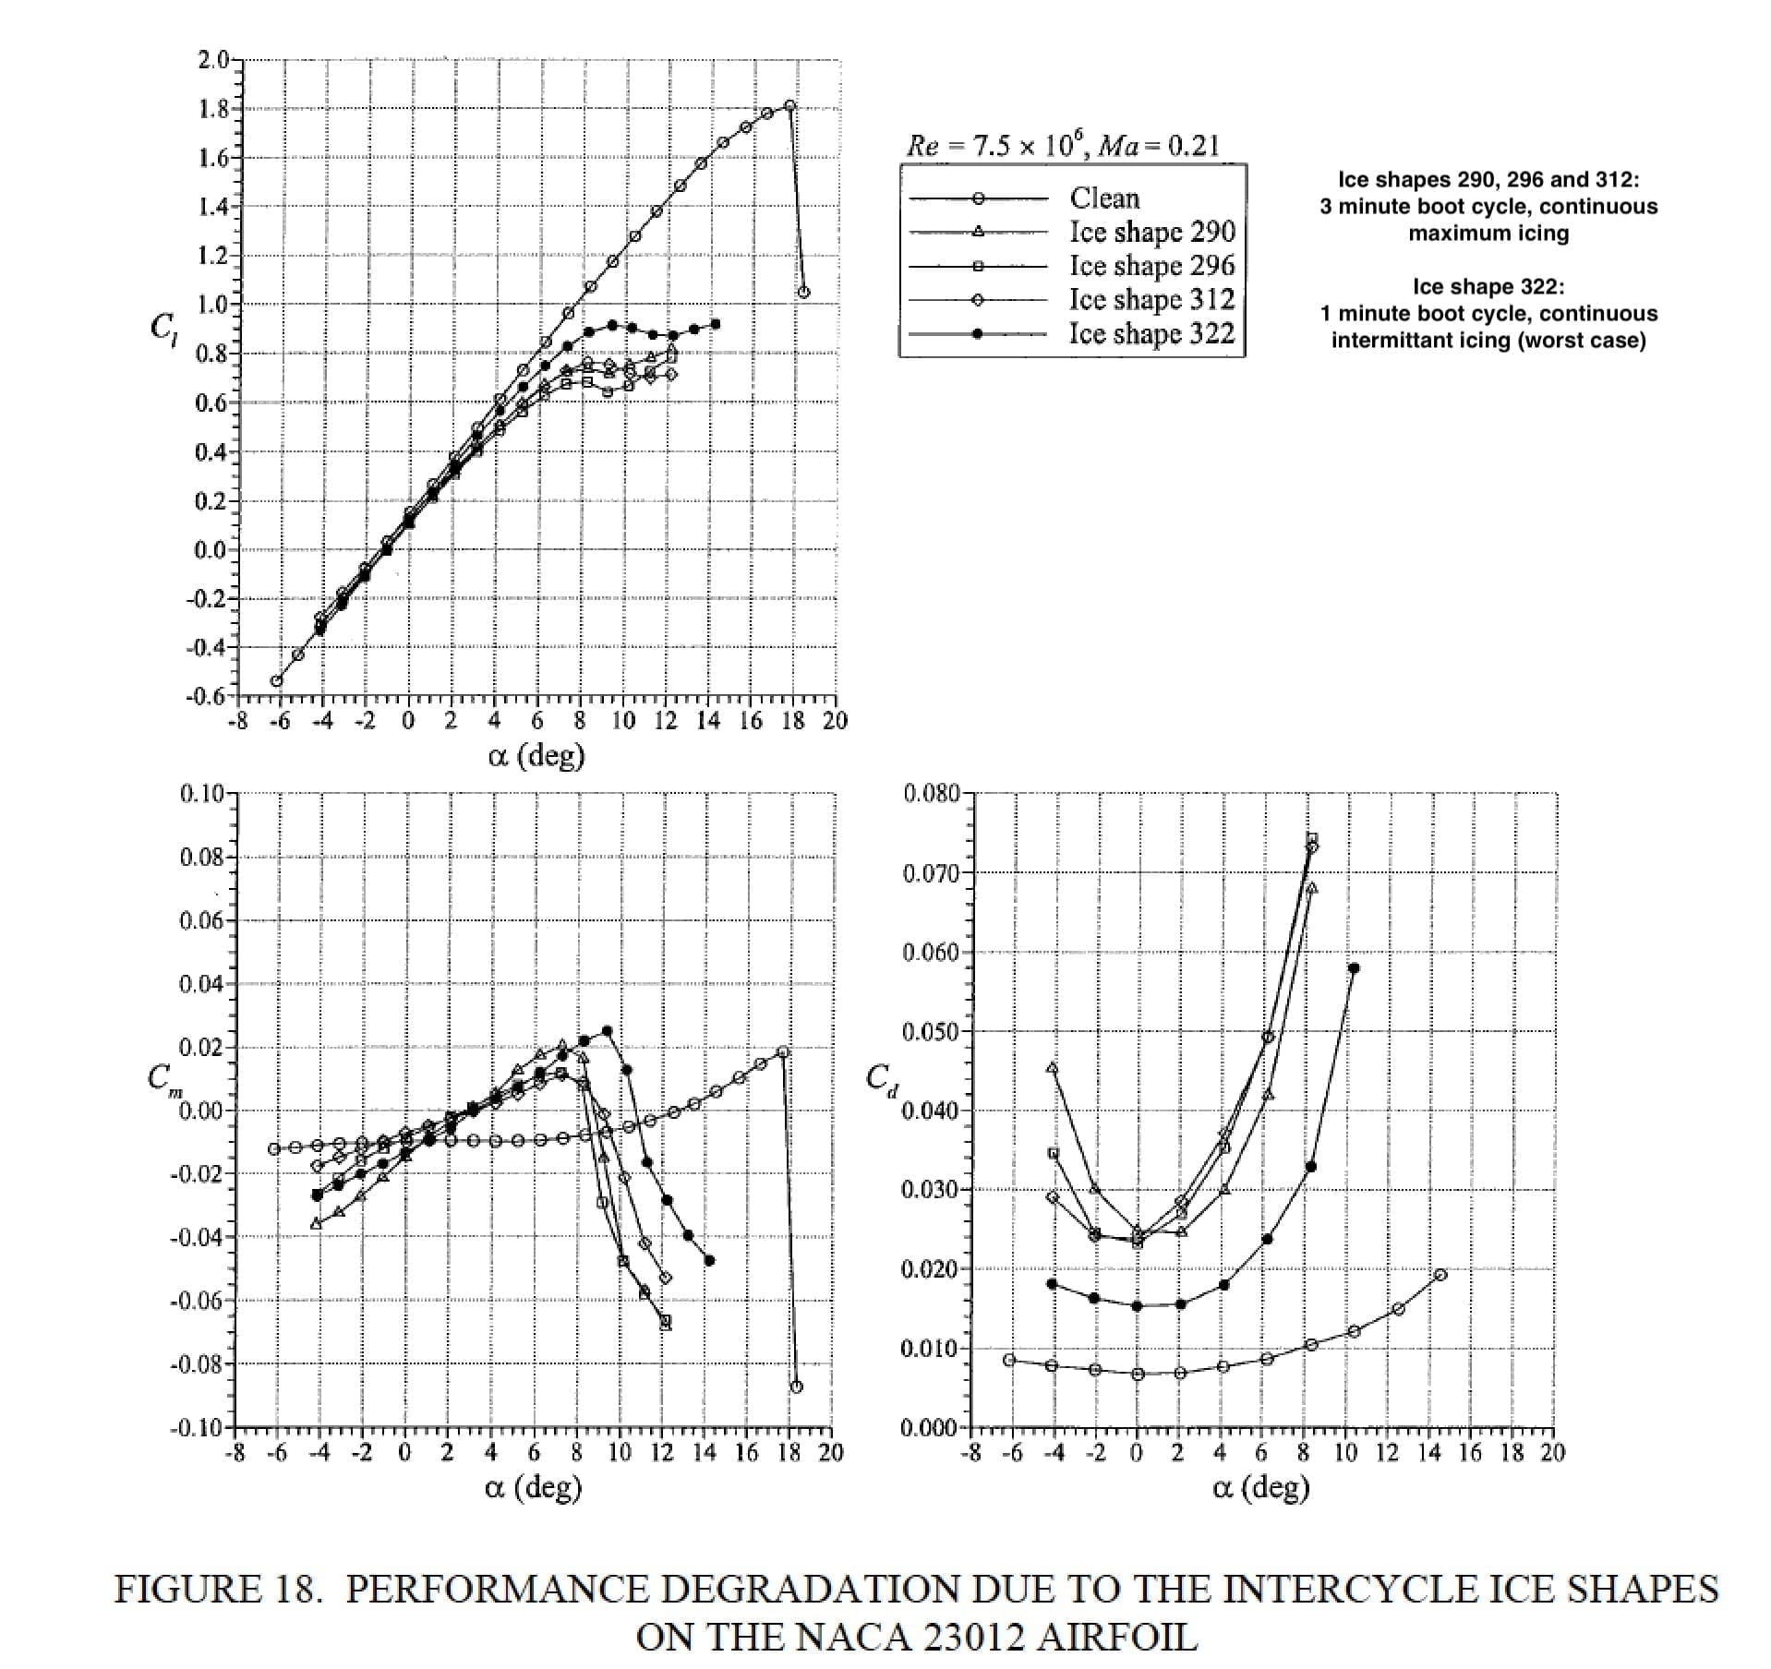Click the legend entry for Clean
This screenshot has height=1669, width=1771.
pyautogui.click(x=1104, y=198)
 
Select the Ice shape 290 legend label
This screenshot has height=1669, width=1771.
pyautogui.click(x=1151, y=232)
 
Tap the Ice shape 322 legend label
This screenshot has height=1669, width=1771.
pyautogui.click(x=1151, y=333)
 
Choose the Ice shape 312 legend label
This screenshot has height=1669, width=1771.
pyautogui.click(x=1151, y=299)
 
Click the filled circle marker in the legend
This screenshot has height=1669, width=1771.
pyautogui.click(x=978, y=334)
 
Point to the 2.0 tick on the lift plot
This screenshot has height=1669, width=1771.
pyautogui.click(x=213, y=61)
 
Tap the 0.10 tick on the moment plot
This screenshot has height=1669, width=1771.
pyautogui.click(x=202, y=793)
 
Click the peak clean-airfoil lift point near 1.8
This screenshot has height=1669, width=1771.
pyautogui.click(x=789, y=106)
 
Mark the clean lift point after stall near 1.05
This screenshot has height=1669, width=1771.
pyautogui.click(x=803, y=293)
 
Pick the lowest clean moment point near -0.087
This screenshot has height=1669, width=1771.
pyautogui.click(x=797, y=1387)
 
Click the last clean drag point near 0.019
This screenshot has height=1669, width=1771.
pyautogui.click(x=1440, y=1275)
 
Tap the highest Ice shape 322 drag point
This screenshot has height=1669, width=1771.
pyautogui.click(x=1354, y=968)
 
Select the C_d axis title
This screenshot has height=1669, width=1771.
pyautogui.click(x=882, y=1080)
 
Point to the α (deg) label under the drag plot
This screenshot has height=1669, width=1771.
pyautogui.click(x=1260, y=1487)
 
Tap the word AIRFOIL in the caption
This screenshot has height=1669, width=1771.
pyautogui.click(x=1116, y=1637)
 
